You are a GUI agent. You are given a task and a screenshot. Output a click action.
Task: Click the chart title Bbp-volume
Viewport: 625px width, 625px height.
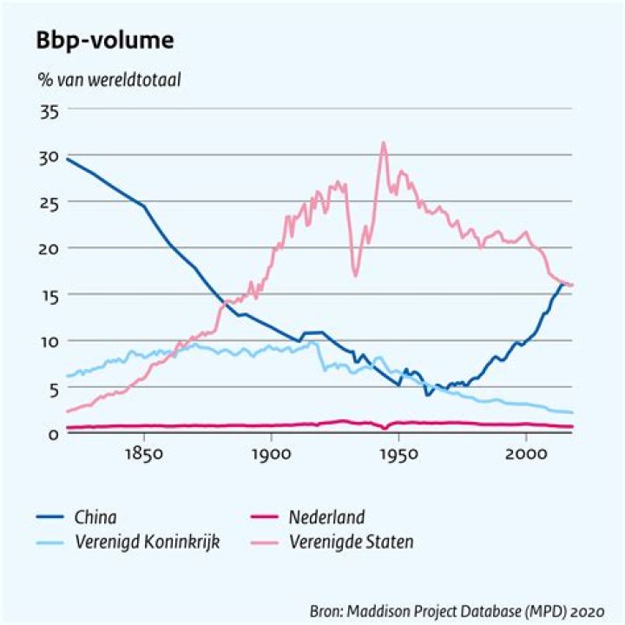(x=105, y=41)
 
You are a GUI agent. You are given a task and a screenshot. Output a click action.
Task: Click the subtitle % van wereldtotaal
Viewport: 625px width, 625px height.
(x=109, y=80)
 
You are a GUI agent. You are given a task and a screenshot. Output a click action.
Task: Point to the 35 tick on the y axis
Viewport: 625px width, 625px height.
(x=49, y=112)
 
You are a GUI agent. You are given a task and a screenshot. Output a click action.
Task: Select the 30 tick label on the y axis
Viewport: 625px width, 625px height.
(x=49, y=158)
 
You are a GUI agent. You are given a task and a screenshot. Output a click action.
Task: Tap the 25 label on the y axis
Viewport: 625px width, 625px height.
(x=49, y=204)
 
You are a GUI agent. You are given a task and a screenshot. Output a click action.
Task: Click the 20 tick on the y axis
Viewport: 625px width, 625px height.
(x=49, y=250)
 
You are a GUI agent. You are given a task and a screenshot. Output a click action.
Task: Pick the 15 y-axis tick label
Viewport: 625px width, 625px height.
(x=50, y=296)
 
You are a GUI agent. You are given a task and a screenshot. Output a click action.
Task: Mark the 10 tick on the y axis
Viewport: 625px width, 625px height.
(x=50, y=342)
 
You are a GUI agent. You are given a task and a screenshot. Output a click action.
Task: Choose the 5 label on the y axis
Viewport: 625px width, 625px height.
(x=54, y=390)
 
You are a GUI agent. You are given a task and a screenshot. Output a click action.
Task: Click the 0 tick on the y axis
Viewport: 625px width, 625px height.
(x=54, y=434)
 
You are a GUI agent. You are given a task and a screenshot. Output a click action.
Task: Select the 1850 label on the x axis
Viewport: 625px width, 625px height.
(x=144, y=454)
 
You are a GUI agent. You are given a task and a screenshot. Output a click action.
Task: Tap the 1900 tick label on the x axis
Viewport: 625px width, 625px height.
(x=272, y=454)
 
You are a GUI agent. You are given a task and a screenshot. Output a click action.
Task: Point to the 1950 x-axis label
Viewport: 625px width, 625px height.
(x=399, y=454)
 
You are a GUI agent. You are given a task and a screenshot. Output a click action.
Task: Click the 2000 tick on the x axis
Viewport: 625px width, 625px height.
(x=526, y=454)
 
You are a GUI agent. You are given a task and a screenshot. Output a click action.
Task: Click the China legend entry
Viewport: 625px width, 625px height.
(x=76, y=517)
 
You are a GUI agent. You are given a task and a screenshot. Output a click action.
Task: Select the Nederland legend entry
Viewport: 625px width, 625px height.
(x=307, y=517)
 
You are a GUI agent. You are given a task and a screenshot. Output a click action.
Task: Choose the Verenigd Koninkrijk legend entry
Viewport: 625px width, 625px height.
(x=128, y=542)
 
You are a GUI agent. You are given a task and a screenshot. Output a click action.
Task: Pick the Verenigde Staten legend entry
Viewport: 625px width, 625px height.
(x=332, y=542)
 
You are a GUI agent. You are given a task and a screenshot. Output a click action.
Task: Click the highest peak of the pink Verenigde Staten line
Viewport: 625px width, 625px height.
(x=384, y=141)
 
